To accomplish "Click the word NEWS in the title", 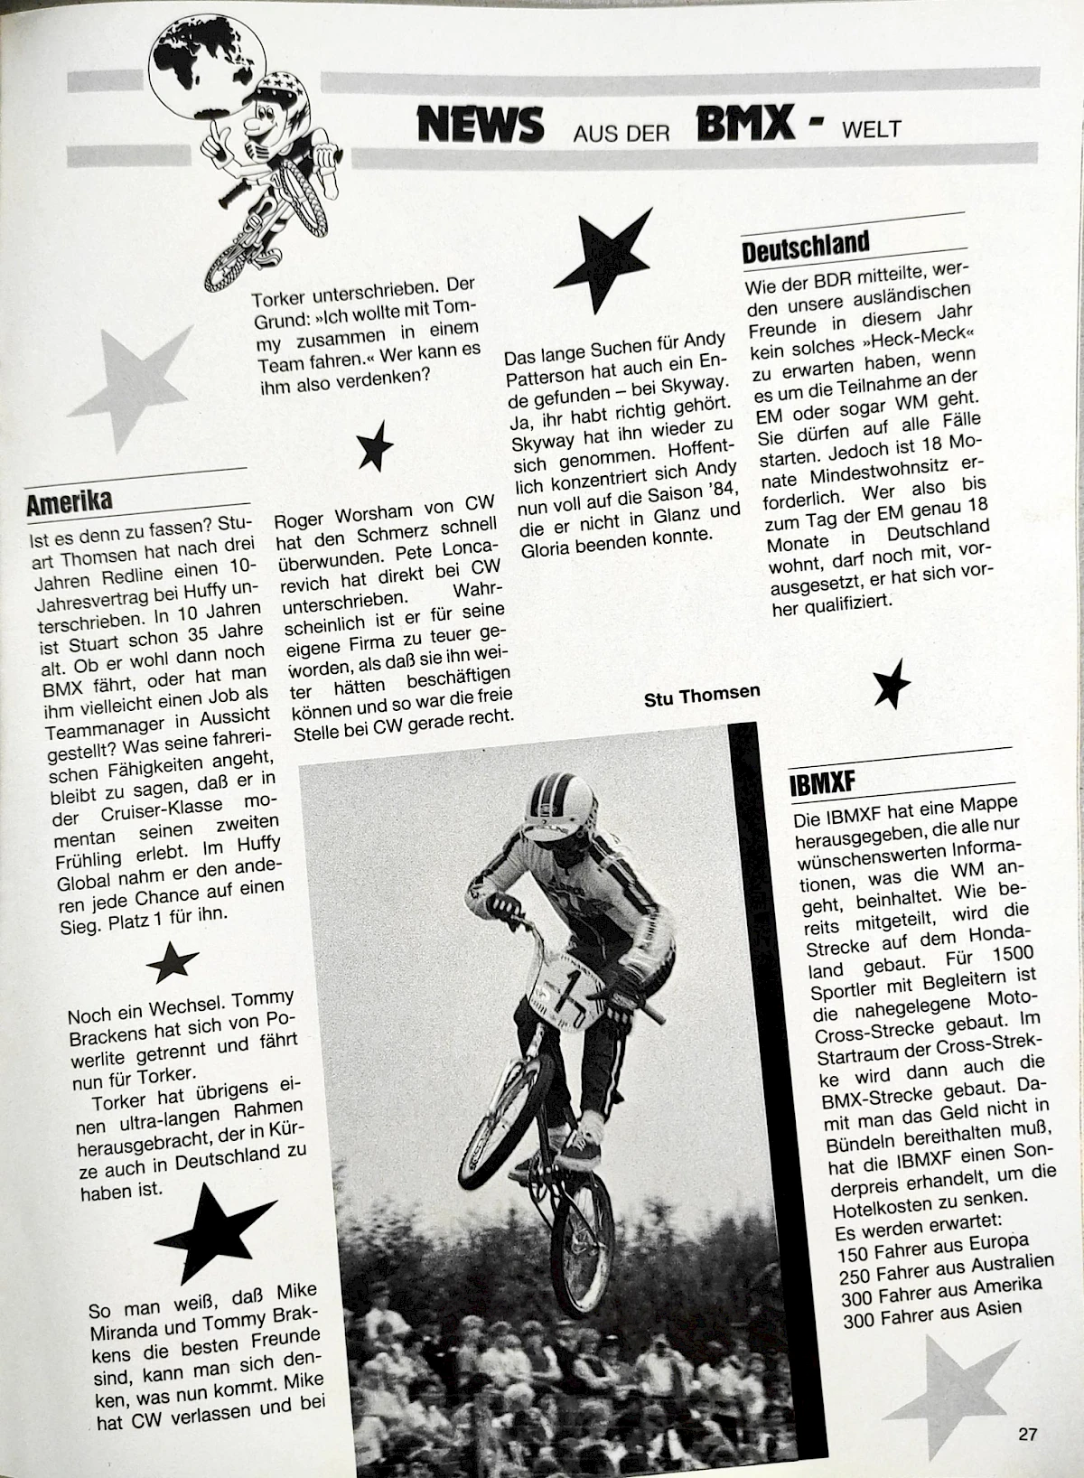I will click(480, 124).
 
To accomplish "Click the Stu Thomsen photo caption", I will click(702, 694).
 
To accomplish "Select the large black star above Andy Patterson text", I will click(603, 257).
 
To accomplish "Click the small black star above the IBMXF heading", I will click(891, 683).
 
